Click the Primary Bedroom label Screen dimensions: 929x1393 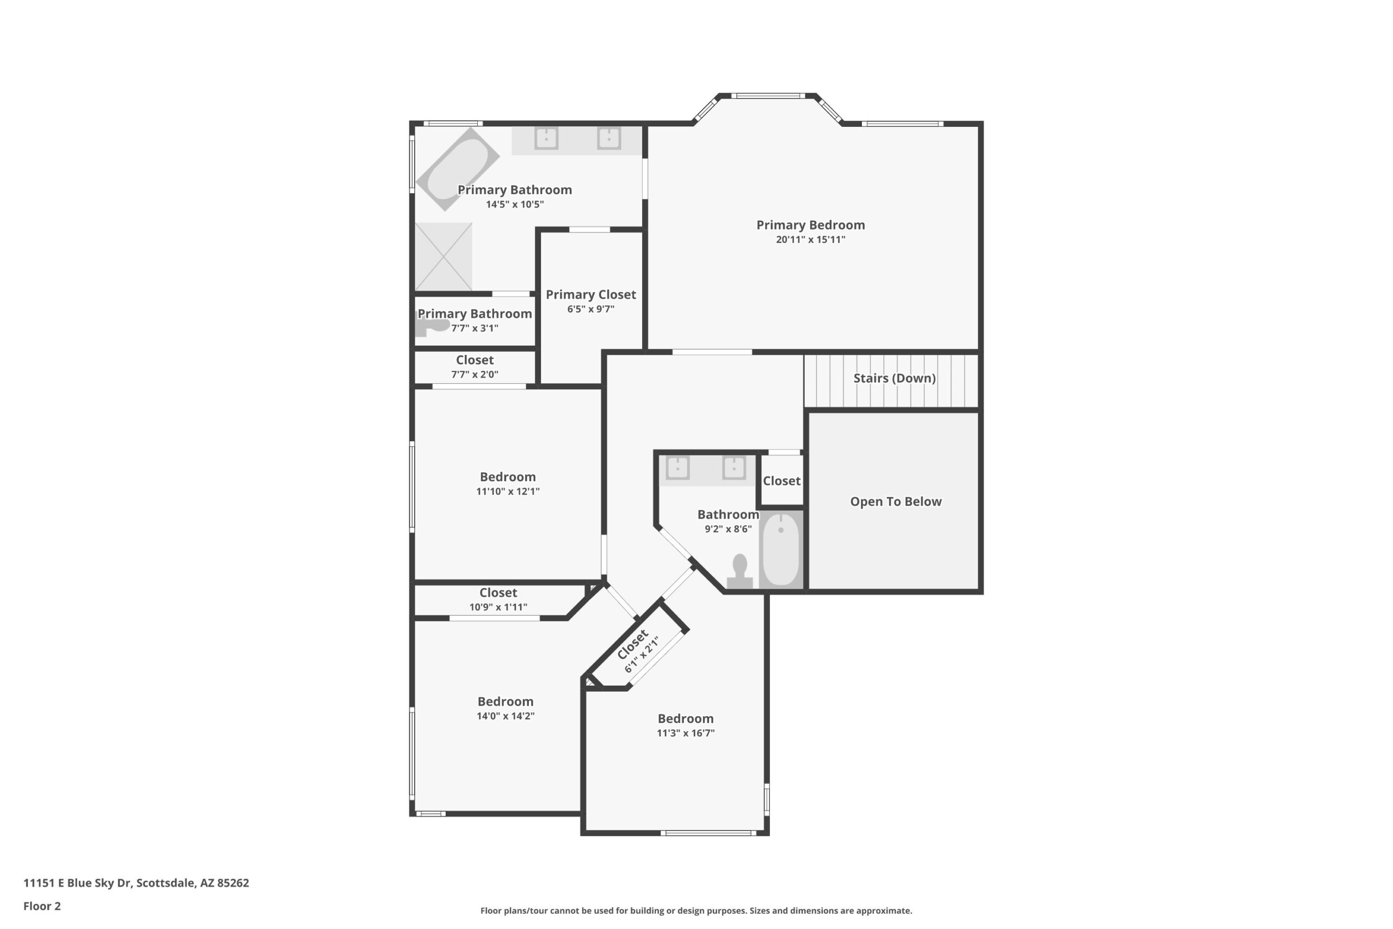[810, 225]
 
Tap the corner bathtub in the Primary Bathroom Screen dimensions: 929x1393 [457, 169]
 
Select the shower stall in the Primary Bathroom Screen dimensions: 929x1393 [443, 256]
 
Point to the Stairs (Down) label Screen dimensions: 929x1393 [895, 378]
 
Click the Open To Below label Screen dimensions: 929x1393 [896, 501]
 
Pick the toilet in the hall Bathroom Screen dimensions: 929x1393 [739, 572]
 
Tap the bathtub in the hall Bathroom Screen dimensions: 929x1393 [781, 550]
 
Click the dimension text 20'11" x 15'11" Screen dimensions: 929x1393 [810, 239]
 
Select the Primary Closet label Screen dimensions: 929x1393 [590, 294]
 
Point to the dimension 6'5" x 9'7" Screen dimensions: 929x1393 [590, 309]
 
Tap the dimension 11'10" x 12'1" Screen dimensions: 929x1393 [508, 491]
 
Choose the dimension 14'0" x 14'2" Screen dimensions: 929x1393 [505, 716]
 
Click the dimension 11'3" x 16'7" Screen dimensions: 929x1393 [685, 733]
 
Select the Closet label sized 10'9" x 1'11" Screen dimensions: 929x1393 [498, 593]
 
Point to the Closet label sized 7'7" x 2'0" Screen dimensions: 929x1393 [474, 360]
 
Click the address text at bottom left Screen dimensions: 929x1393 [136, 883]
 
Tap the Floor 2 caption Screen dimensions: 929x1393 [42, 906]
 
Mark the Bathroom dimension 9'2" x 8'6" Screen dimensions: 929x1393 [728, 528]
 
